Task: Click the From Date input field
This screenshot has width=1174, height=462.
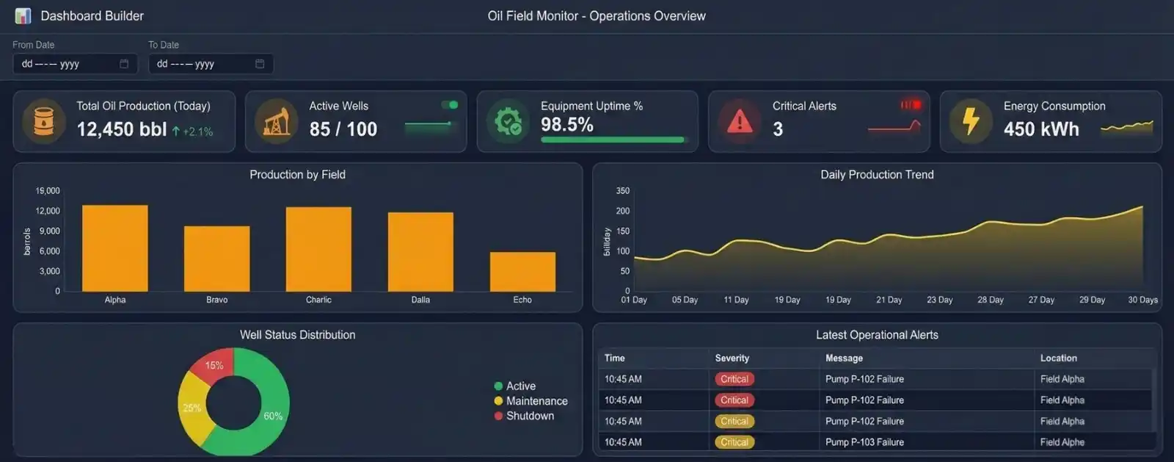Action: click(x=66, y=64)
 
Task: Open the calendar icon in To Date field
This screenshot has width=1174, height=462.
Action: click(x=260, y=64)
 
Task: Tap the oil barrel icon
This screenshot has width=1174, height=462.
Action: click(x=44, y=121)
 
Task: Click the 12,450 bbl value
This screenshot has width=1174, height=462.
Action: click(x=122, y=129)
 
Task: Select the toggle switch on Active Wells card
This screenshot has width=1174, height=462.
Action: click(x=450, y=105)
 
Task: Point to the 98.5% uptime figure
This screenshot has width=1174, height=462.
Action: click(x=567, y=125)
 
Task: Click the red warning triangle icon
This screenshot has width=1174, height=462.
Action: click(x=739, y=121)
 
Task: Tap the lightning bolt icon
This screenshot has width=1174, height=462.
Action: click(x=971, y=121)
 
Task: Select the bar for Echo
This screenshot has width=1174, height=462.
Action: click(x=522, y=272)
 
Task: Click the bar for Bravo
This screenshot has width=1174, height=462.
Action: click(x=216, y=259)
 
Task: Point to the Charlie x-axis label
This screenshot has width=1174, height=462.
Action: click(x=318, y=300)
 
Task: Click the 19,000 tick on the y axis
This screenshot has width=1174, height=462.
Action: click(x=48, y=191)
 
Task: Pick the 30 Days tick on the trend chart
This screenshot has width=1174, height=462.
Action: click(x=1142, y=300)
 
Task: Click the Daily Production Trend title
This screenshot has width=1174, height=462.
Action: click(x=877, y=175)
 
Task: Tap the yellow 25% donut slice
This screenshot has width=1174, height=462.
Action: click(x=192, y=408)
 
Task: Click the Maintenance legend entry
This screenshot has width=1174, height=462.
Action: click(x=536, y=401)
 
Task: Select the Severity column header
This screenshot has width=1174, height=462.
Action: click(x=732, y=358)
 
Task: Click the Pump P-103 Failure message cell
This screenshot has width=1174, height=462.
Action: click(x=864, y=442)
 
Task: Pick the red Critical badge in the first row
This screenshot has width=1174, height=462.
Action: click(x=734, y=379)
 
